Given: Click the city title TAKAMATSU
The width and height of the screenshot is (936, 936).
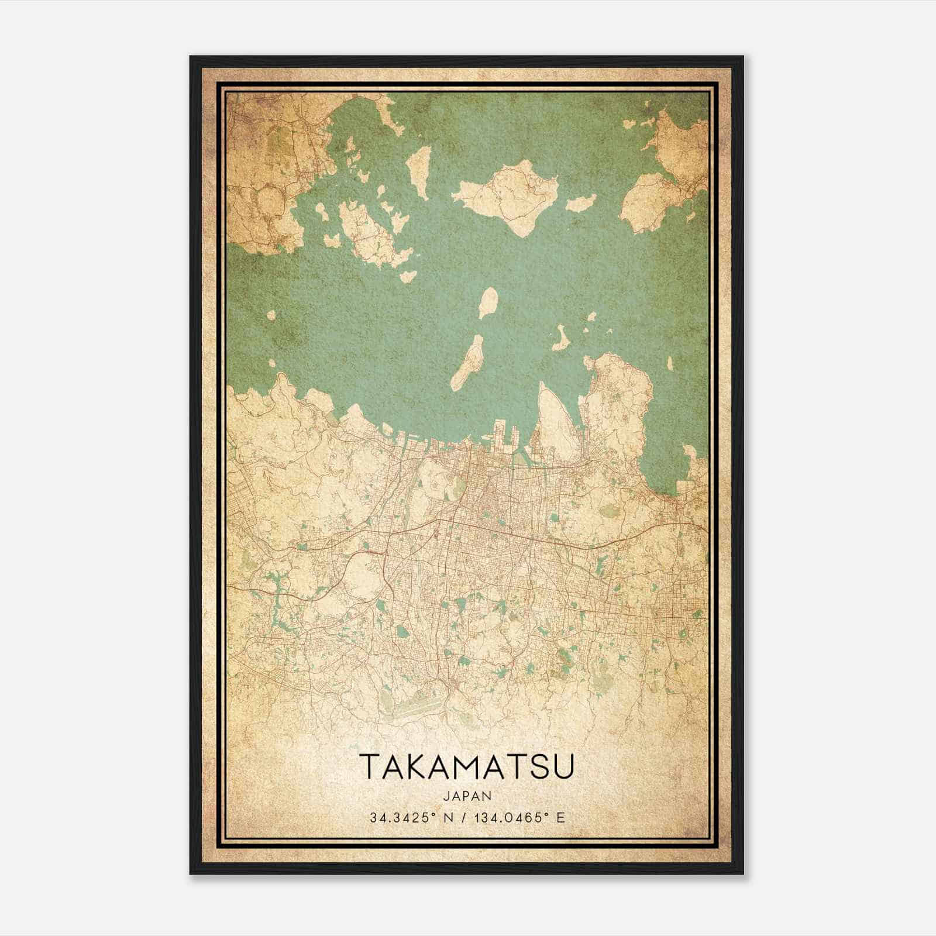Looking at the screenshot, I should pos(467,766).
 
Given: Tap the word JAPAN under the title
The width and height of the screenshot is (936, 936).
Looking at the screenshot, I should pos(467,796).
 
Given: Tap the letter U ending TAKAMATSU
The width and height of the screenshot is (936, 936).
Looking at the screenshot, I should pos(563,766).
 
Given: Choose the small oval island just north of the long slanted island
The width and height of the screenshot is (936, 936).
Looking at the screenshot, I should pos(487,302).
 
